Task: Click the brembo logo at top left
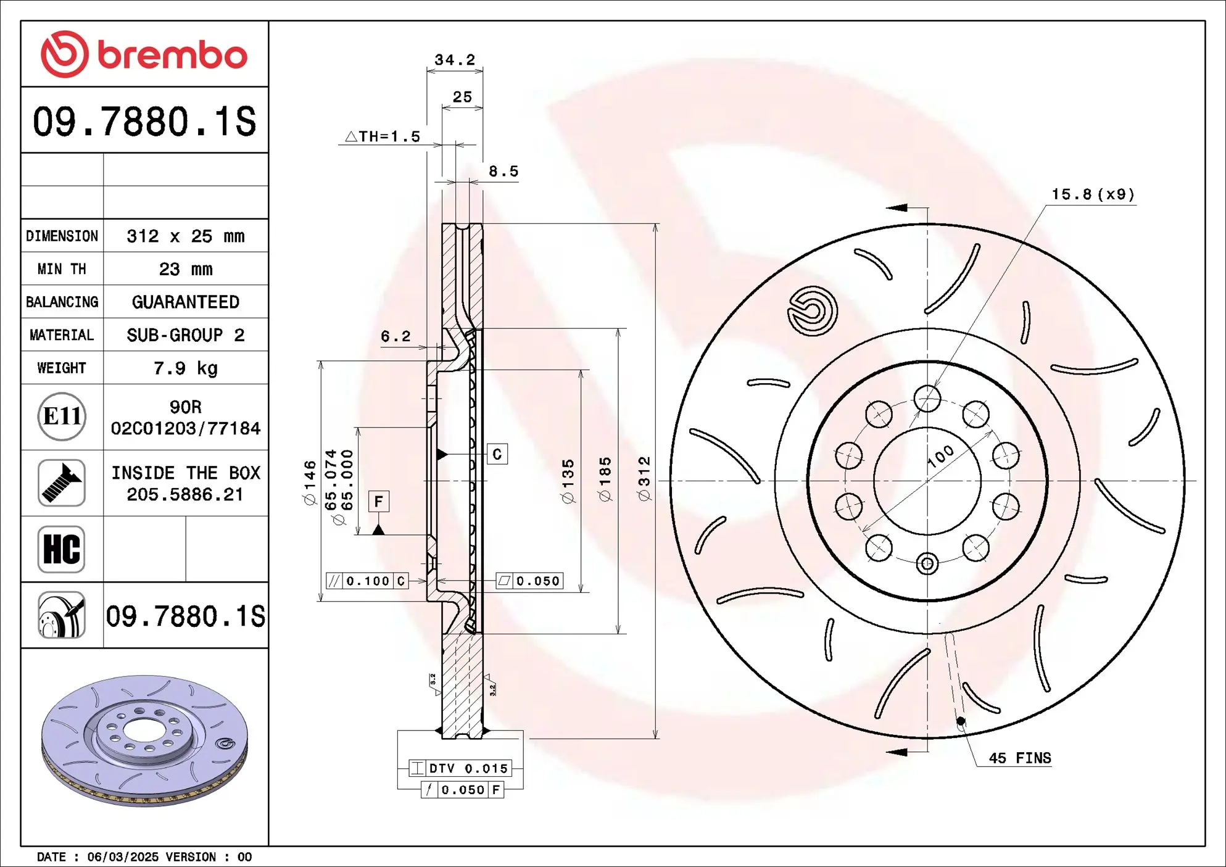144,54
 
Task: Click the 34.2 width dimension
455,60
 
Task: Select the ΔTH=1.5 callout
383,136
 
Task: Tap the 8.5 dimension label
503,172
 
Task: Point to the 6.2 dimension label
396,336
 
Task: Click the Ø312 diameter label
644,478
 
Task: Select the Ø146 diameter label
310,482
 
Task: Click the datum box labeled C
497,454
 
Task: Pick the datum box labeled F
378,501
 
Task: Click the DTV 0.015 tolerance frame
460,768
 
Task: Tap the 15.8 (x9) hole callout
1093,194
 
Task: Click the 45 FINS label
1019,758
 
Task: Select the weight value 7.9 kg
185,368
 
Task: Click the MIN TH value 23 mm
185,269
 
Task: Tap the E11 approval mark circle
62,417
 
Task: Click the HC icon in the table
61,549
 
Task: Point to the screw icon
61,483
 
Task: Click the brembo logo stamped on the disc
812,310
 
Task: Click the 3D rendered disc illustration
144,740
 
